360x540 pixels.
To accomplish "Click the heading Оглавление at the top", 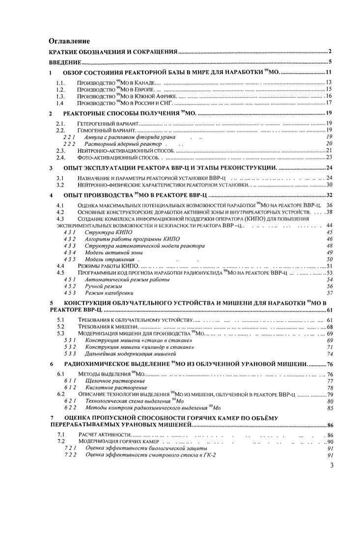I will tap(69, 41).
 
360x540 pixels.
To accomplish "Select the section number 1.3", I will tap(60, 96).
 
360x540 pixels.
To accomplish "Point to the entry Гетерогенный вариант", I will tap(108, 123).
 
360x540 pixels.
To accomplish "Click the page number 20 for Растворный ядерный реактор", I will tap(330, 143).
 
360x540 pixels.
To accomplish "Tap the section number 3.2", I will tap(60, 184).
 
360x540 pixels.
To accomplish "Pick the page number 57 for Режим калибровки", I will tap(330, 293).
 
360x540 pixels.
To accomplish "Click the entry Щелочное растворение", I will tap(111, 381).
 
